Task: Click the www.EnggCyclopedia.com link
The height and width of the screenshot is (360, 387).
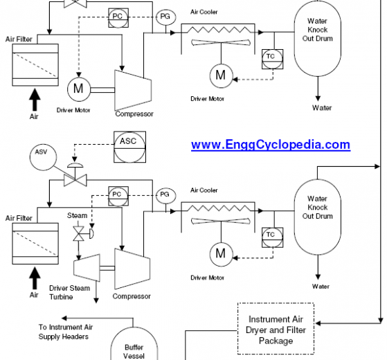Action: pos(271,145)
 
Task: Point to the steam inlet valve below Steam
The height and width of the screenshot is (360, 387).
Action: pos(78,233)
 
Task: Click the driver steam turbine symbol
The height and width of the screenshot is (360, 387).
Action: pos(87,268)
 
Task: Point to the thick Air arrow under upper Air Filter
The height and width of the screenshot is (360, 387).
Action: pos(35,100)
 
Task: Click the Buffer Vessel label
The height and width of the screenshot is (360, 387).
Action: pos(134,352)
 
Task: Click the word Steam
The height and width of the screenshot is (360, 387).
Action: pos(78,215)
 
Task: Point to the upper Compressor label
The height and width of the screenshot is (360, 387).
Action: pos(134,114)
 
